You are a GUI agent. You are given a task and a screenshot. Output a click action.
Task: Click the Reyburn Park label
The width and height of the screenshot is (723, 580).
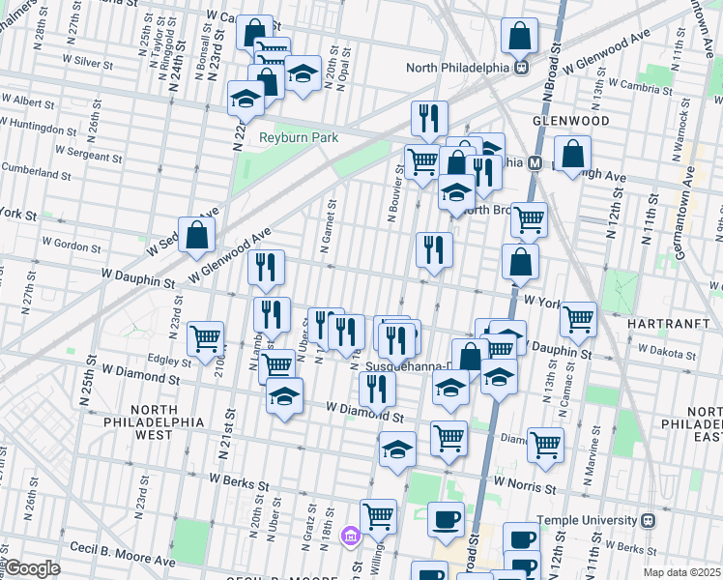click(299, 137)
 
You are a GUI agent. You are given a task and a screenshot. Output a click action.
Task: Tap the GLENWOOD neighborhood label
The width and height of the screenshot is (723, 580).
click(570, 121)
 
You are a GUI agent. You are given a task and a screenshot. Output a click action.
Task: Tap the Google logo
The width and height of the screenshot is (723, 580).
click(31, 568)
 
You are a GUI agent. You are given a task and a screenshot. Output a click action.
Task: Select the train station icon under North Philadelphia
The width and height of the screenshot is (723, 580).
click(521, 68)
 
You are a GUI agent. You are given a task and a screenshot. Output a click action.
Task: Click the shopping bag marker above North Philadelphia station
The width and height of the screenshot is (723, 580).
click(520, 37)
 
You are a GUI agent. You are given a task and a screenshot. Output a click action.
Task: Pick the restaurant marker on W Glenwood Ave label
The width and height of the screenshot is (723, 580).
click(266, 268)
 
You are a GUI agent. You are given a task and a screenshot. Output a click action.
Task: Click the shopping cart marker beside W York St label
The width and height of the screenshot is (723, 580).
click(577, 318)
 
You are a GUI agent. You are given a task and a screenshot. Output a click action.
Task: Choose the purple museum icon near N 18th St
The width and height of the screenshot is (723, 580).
click(351, 535)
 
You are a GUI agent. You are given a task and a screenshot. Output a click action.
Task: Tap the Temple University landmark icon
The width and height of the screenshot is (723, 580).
click(648, 520)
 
